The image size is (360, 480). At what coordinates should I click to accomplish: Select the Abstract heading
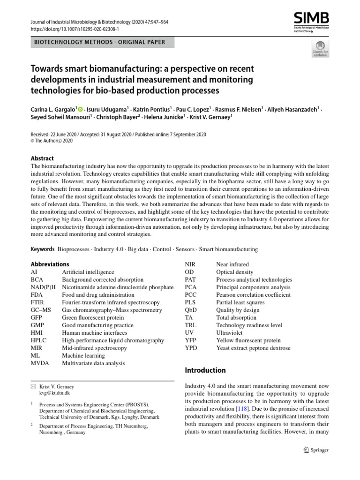42,158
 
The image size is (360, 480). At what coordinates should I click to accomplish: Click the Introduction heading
205,370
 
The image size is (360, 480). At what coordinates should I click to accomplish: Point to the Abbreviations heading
50,264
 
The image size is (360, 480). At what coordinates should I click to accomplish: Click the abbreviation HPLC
39,340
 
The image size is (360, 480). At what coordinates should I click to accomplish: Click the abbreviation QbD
191,310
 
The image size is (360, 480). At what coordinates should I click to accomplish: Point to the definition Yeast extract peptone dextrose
253,348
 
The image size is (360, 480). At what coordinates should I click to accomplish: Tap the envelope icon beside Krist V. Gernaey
33,387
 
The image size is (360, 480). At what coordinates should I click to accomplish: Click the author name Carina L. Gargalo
52,108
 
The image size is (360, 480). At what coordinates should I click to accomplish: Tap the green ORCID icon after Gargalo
80,108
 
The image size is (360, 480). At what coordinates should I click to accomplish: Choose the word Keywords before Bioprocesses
42,249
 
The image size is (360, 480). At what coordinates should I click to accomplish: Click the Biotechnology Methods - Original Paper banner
99,42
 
